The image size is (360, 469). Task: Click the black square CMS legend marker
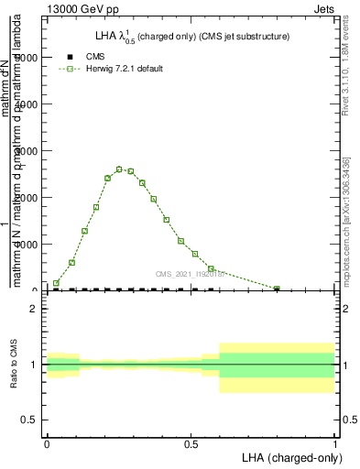pyautogui.click(x=71, y=57)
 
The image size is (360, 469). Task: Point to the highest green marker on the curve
pyautogui.click(x=119, y=169)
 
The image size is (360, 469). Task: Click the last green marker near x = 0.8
pyautogui.click(x=277, y=289)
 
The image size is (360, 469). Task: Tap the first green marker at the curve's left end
pyautogui.click(x=56, y=283)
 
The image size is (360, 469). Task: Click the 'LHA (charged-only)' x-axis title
pyautogui.click(x=289, y=456)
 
